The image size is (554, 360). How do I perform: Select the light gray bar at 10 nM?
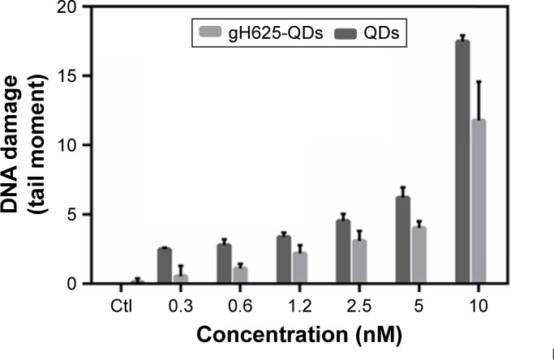pyautogui.click(x=479, y=203)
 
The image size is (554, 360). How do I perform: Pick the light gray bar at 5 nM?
pyautogui.click(x=419, y=255)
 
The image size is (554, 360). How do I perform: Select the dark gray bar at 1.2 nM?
pyautogui.click(x=284, y=260)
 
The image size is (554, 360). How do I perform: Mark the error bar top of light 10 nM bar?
pyautogui.click(x=479, y=82)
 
